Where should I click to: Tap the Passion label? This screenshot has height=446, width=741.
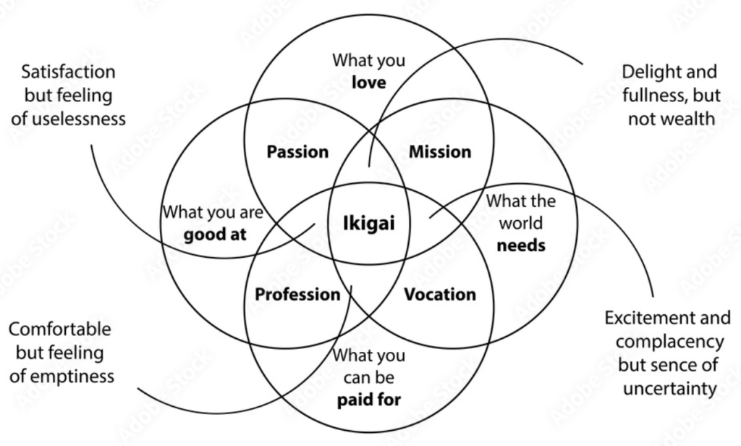pyautogui.click(x=297, y=152)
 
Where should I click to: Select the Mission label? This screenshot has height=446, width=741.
pyautogui.click(x=440, y=152)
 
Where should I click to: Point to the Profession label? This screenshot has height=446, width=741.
pyautogui.click(x=297, y=295)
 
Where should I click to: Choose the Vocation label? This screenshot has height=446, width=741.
pyautogui.click(x=439, y=295)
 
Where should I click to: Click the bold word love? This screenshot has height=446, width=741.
pyautogui.click(x=368, y=83)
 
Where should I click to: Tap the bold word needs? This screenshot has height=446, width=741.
pyautogui.click(x=521, y=245)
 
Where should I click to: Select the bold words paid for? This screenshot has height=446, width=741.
pyautogui.click(x=368, y=399)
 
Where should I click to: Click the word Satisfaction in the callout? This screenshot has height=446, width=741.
pyautogui.click(x=68, y=72)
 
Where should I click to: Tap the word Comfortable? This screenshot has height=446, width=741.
pyautogui.click(x=60, y=329)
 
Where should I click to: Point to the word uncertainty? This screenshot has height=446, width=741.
pyautogui.click(x=669, y=388)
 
